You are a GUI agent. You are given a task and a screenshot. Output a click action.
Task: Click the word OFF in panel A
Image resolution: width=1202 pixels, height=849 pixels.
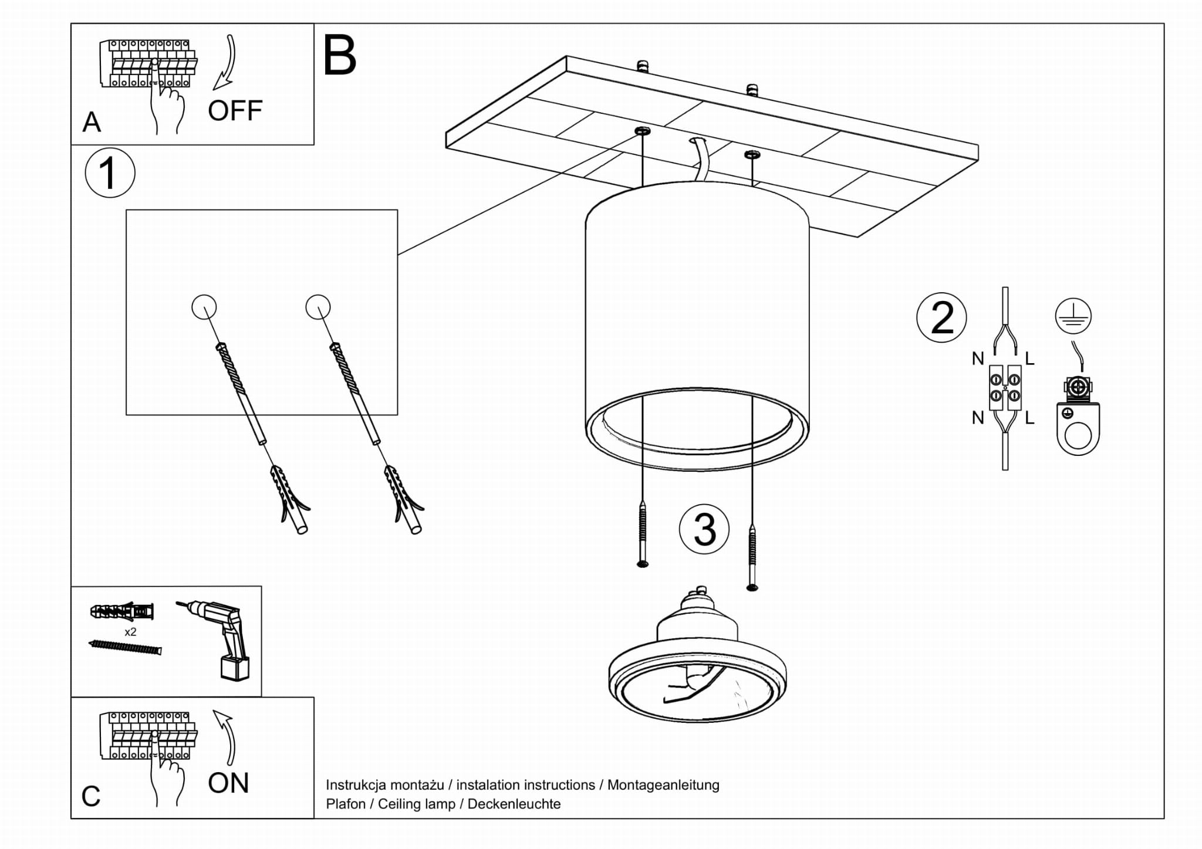coord(235,110)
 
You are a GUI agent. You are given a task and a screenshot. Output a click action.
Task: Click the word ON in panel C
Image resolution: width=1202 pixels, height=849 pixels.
coord(228,783)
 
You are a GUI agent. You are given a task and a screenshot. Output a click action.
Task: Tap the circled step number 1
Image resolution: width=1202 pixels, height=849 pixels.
coord(110,173)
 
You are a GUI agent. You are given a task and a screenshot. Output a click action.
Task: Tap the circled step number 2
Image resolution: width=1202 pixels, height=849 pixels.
coord(941,317)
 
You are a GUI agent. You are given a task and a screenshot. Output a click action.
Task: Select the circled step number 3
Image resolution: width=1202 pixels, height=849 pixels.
coord(704,529)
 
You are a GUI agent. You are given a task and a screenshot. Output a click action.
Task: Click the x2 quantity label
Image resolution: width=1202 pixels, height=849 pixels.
coord(130,632)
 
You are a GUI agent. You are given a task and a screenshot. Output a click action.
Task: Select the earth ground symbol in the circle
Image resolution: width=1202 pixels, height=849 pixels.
coord(1073,316)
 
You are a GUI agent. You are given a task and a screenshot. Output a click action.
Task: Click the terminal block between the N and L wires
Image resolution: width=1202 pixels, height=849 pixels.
coord(1005,387)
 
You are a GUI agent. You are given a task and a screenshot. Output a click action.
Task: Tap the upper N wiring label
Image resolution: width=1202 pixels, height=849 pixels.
coord(977,358)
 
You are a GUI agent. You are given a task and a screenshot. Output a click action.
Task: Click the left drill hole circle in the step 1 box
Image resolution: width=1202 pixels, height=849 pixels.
coord(204,306)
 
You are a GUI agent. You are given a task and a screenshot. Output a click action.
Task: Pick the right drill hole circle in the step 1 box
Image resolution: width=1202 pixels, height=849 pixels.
coord(318,306)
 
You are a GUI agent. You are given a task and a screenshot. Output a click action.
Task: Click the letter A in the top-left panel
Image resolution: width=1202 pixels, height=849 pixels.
coord(92,122)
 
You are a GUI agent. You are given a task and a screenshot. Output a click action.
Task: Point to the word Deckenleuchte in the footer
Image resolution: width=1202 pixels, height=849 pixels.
coord(514,804)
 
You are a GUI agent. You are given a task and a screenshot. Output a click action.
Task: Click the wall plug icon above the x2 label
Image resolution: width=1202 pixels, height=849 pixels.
coord(123,612)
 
